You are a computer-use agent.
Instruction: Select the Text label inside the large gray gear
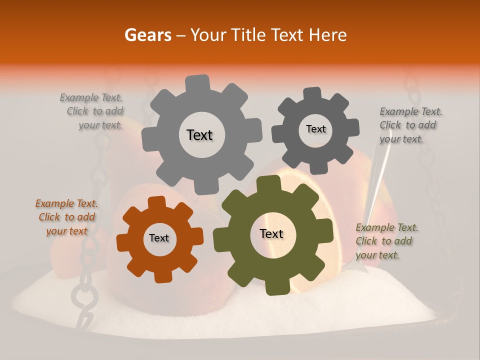pyautogui.click(x=199, y=135)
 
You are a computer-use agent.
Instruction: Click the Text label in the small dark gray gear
pyautogui.click(x=315, y=129)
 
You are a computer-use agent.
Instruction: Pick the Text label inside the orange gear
pyautogui.click(x=159, y=238)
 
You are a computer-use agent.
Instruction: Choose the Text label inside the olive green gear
pyautogui.click(x=271, y=233)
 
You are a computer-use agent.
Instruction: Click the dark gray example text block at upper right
pyautogui.click(x=410, y=125)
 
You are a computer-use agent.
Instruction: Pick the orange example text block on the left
pyautogui.click(x=66, y=217)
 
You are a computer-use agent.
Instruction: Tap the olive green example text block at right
pyautogui.click(x=386, y=241)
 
